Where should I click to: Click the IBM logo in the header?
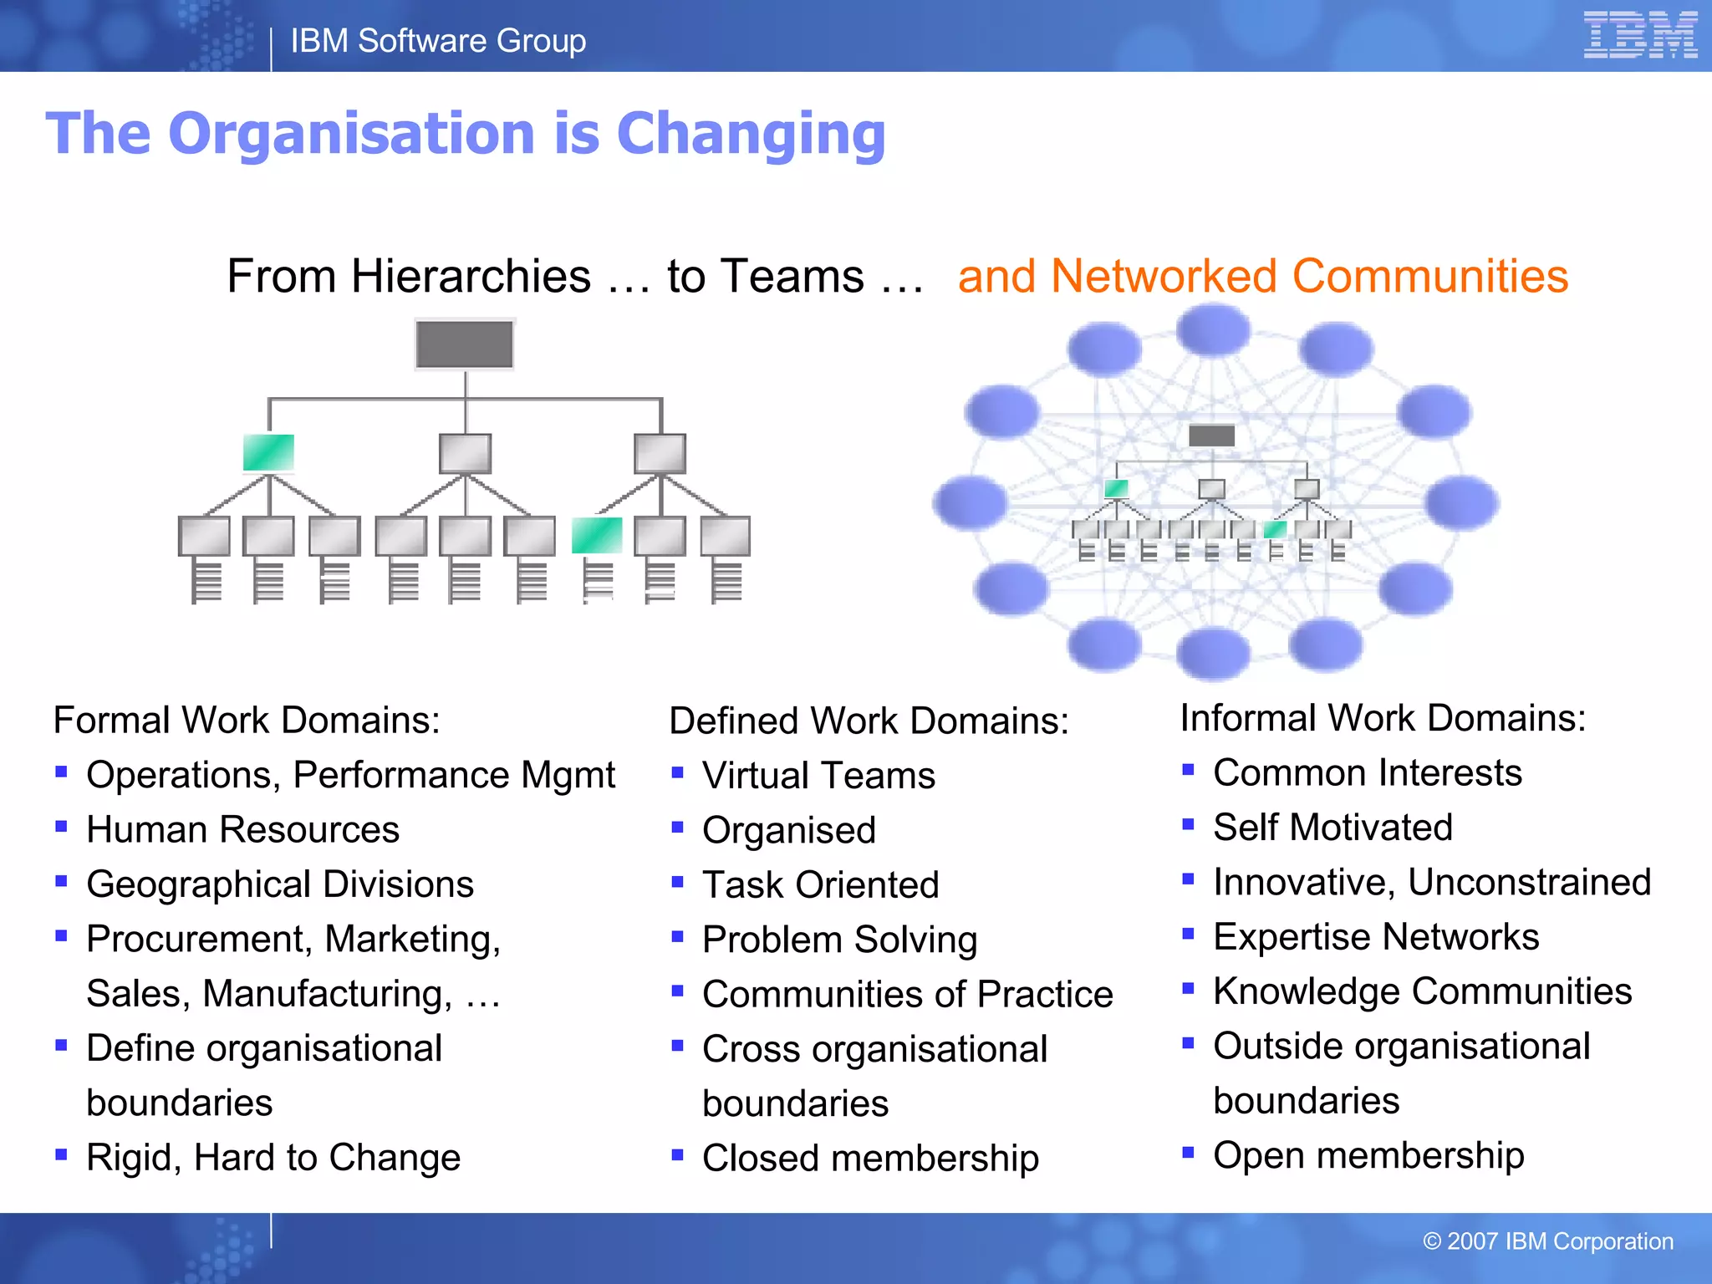tap(1639, 36)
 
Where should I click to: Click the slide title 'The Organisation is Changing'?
tap(466, 134)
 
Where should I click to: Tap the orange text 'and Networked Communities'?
tap(1262, 276)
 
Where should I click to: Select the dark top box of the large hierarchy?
tap(465, 344)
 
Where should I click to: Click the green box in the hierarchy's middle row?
tap(268, 453)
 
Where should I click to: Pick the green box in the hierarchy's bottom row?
tap(597, 536)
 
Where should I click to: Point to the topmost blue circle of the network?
tap(1213, 329)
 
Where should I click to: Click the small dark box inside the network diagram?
tap(1211, 435)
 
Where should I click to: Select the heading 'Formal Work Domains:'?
tap(247, 720)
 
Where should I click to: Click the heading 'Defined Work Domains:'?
tap(869, 721)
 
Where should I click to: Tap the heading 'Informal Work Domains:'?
tap(1383, 718)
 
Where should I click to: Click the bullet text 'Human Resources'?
tap(242, 829)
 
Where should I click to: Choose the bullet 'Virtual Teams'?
tap(818, 775)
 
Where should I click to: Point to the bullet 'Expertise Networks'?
tap(1375, 936)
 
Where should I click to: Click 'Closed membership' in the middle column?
tap(870, 1158)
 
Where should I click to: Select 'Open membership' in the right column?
tap(1368, 1155)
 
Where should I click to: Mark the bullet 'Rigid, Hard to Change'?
tap(273, 1158)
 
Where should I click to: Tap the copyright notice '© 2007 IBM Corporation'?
tap(1547, 1241)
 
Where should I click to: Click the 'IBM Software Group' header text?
tap(438, 41)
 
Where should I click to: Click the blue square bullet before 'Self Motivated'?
tap(1188, 825)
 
